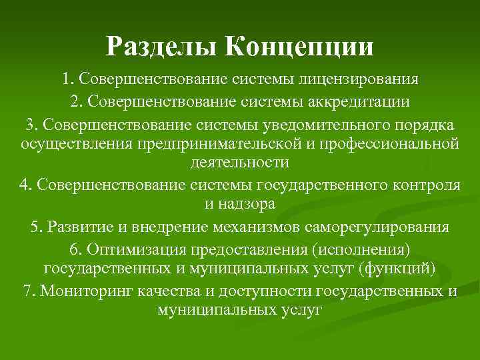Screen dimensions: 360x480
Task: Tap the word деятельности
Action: [240, 162]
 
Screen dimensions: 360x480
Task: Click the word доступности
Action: [270, 291]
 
